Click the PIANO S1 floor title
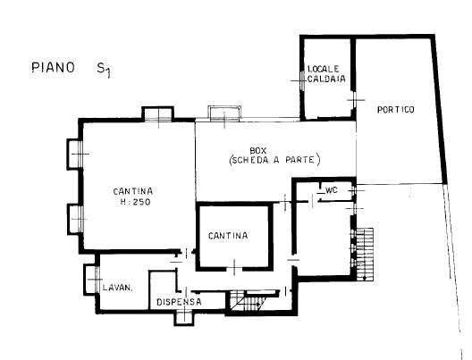click(x=71, y=69)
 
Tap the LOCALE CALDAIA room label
click(x=326, y=74)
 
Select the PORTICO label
click(x=396, y=110)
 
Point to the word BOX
click(x=258, y=150)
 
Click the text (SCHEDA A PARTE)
click(x=274, y=160)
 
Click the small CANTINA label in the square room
click(x=228, y=236)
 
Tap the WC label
click(x=332, y=190)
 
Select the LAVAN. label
click(x=117, y=288)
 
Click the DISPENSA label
click(x=179, y=302)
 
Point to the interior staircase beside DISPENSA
click(x=248, y=301)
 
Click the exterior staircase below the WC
click(x=365, y=254)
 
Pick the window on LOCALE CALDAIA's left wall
click(x=302, y=80)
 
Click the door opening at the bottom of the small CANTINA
click(x=234, y=267)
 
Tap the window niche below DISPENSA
click(x=183, y=317)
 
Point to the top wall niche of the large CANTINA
click(x=157, y=113)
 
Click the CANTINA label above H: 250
click(x=133, y=191)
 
